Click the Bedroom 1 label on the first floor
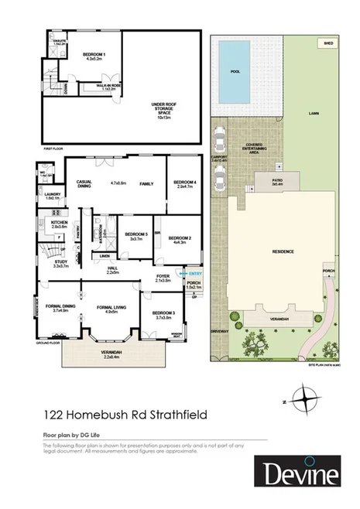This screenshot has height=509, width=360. (x=94, y=55)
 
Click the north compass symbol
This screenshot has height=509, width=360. (x=307, y=399)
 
